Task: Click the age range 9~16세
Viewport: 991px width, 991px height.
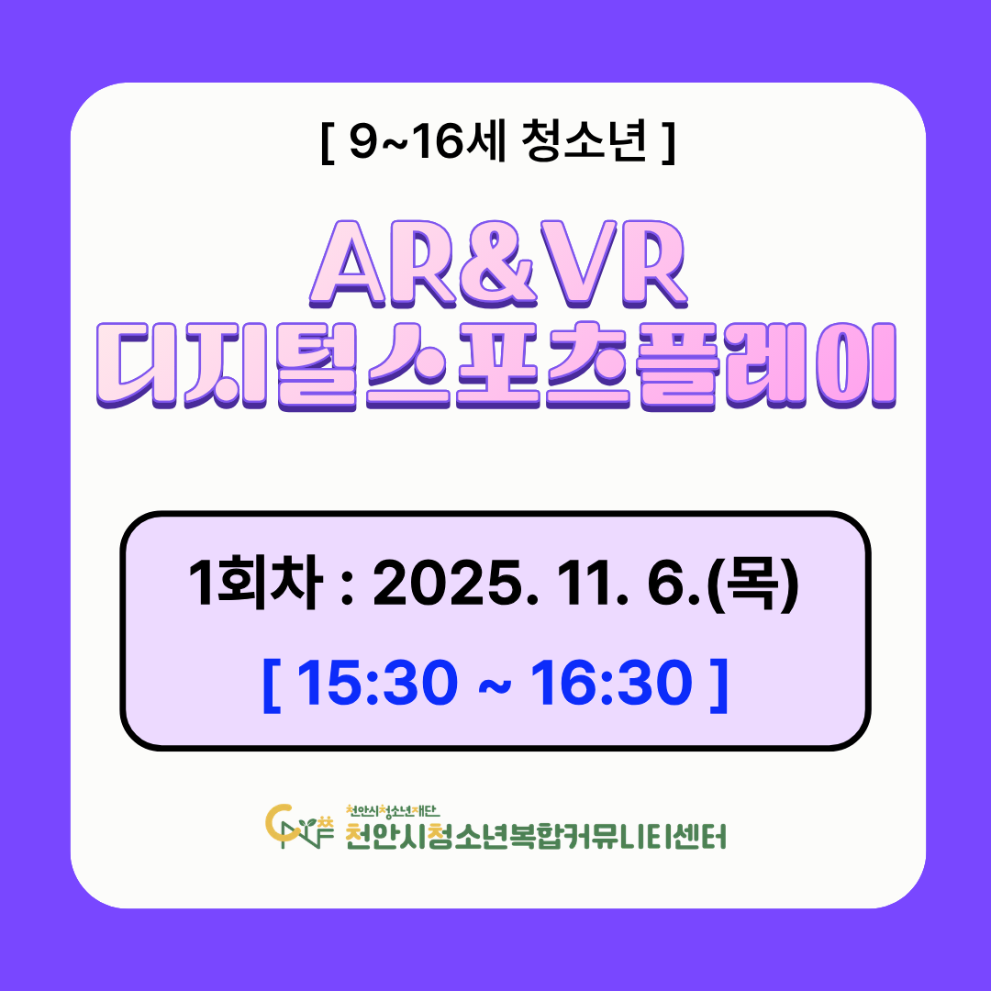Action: [x=428, y=141]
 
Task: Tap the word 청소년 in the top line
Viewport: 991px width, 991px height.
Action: [x=585, y=141]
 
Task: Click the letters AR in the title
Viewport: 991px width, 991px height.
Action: [x=384, y=264]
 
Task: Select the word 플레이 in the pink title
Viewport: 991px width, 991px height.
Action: [x=767, y=366]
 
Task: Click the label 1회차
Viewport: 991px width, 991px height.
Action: [x=257, y=582]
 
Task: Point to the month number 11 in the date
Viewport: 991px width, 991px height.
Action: [x=590, y=584]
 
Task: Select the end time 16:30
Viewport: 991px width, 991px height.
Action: [x=612, y=683]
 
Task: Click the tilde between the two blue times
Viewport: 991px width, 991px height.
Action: [x=495, y=685]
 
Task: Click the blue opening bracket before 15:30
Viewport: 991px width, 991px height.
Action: [x=271, y=685]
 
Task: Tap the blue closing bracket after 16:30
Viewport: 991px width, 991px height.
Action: [x=719, y=685]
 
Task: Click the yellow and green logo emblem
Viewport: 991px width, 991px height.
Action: [x=299, y=826]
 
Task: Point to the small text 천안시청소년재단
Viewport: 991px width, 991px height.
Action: [x=393, y=810]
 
